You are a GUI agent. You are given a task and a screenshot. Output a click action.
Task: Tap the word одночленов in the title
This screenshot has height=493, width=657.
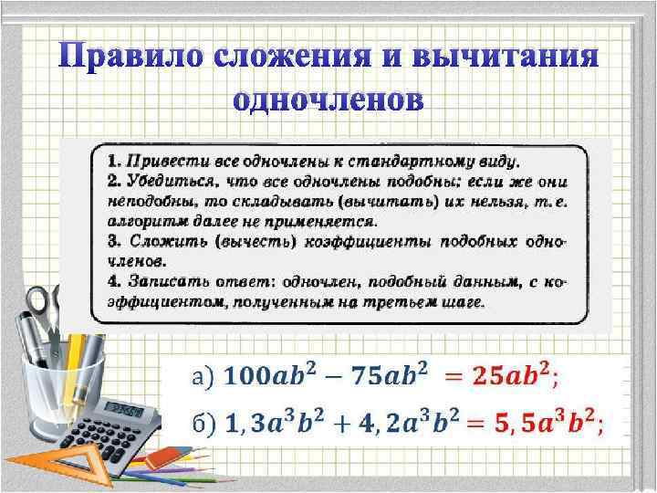pyautogui.click(x=328, y=99)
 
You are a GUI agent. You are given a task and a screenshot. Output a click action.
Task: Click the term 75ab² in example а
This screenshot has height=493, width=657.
pyautogui.click(x=389, y=375)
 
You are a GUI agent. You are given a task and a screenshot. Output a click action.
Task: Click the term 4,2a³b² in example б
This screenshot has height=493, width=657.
pyautogui.click(x=410, y=422)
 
